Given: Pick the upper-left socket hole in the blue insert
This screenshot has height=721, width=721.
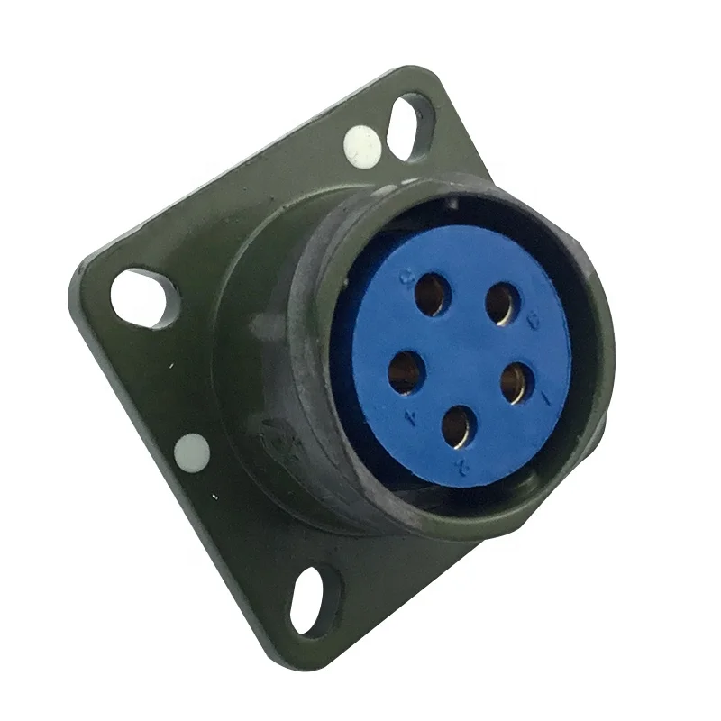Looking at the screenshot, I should [x=432, y=294].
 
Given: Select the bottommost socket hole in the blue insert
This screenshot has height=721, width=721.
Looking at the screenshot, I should [x=459, y=425].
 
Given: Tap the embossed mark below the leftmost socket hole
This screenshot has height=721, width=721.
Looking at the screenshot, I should [x=410, y=416].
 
